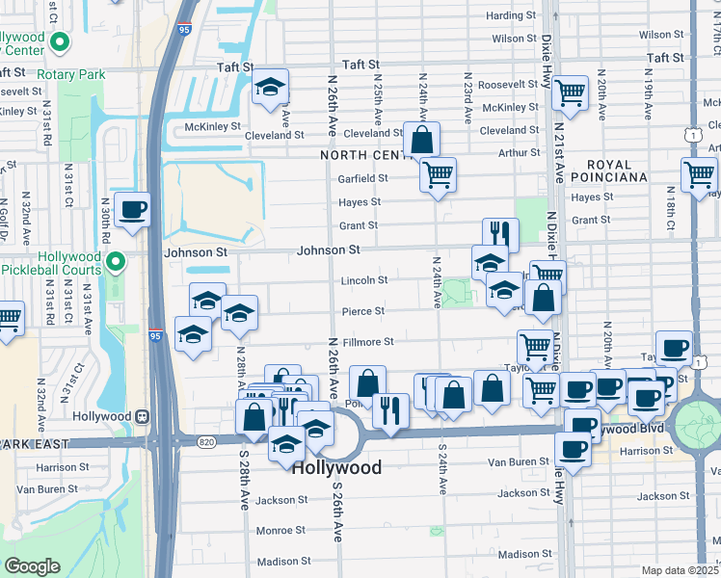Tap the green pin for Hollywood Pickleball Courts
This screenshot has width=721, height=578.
pyautogui.click(x=116, y=262)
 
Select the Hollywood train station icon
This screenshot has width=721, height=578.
pyautogui.click(x=142, y=416)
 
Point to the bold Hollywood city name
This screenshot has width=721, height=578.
pyautogui.click(x=336, y=467)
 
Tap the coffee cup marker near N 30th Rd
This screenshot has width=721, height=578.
pyautogui.click(x=132, y=209)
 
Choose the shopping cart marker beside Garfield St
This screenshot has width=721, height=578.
pyautogui.click(x=438, y=174)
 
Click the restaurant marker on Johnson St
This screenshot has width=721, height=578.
pyautogui.click(x=500, y=234)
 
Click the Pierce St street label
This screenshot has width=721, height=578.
pyautogui.click(x=363, y=311)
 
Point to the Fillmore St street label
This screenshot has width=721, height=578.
pyautogui.click(x=367, y=341)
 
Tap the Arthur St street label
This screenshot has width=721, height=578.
pyautogui.click(x=520, y=152)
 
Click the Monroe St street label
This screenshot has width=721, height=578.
pyautogui.click(x=280, y=530)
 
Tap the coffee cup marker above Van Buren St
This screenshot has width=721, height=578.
pyautogui.click(x=573, y=448)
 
